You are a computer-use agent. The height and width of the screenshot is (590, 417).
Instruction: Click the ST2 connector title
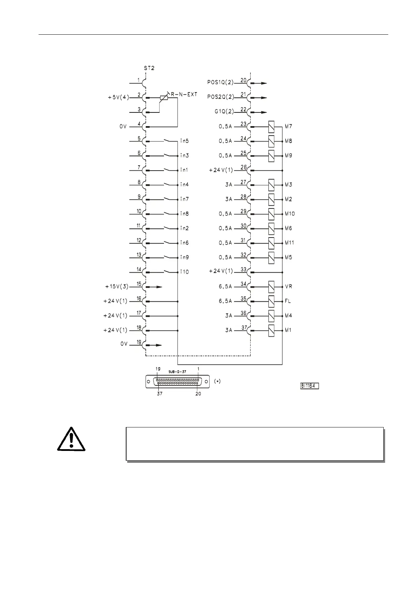[149, 68]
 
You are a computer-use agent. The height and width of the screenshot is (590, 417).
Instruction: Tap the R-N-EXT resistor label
[184, 94]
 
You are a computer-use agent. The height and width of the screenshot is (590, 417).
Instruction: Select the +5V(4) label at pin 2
[118, 98]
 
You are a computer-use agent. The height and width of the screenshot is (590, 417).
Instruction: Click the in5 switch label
[184, 141]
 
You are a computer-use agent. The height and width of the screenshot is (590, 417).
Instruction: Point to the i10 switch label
[184, 272]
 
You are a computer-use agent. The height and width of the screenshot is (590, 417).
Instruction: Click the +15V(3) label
[117, 287]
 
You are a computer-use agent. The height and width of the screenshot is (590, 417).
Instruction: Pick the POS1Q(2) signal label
[220, 83]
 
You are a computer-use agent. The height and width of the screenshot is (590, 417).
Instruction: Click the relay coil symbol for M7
[271, 126]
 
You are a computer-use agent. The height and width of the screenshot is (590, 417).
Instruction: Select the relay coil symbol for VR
[271, 287]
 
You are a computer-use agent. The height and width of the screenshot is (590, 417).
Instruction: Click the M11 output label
[289, 243]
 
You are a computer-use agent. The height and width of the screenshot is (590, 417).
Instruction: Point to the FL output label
[288, 301]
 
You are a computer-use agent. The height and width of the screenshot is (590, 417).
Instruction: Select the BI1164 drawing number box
[309, 386]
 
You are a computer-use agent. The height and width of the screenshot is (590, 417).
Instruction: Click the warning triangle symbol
[71, 440]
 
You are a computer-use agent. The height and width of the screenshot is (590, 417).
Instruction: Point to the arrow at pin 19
[157, 345]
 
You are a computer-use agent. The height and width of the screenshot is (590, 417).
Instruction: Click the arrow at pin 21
[261, 98]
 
